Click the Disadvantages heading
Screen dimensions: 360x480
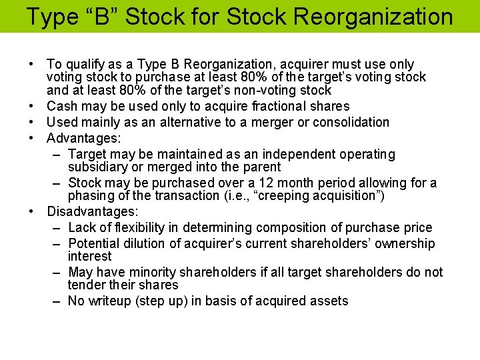click(x=92, y=211)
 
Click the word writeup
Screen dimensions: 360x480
click(x=108, y=301)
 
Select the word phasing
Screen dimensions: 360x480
click(x=92, y=196)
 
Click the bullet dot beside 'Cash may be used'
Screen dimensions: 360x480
click(x=32, y=106)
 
